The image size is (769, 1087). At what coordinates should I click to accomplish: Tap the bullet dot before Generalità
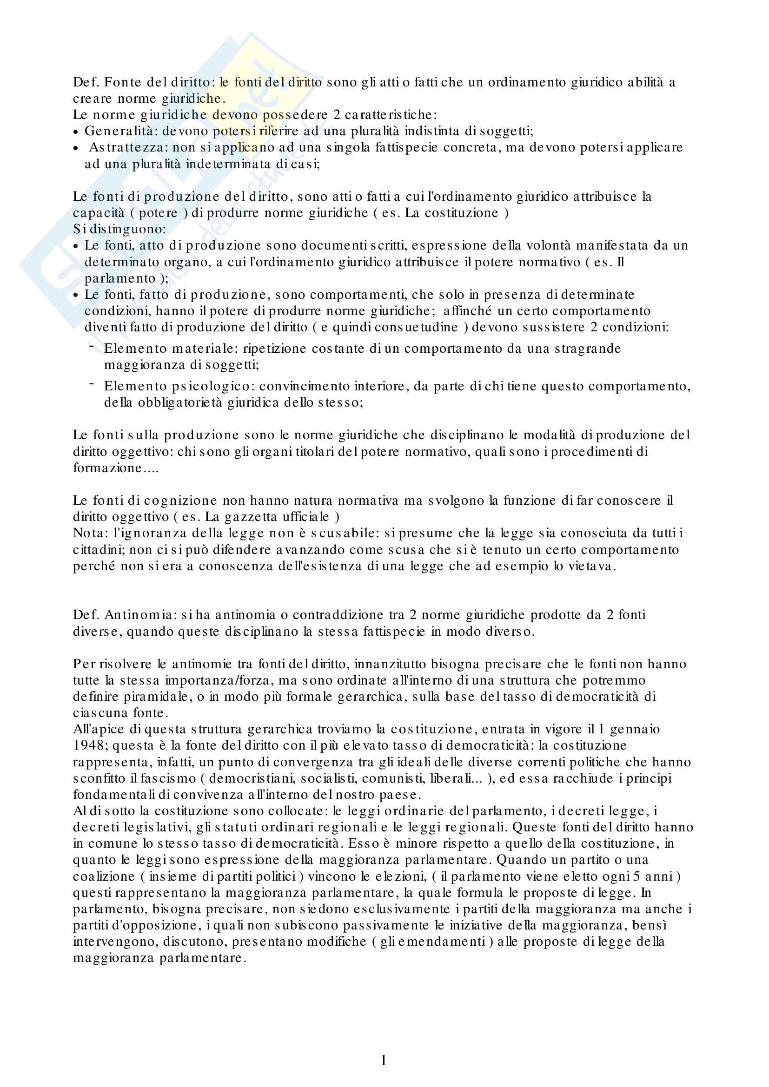76,132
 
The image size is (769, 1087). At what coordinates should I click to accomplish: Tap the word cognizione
181,501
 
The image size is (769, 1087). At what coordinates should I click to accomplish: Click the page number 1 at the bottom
384,1061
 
